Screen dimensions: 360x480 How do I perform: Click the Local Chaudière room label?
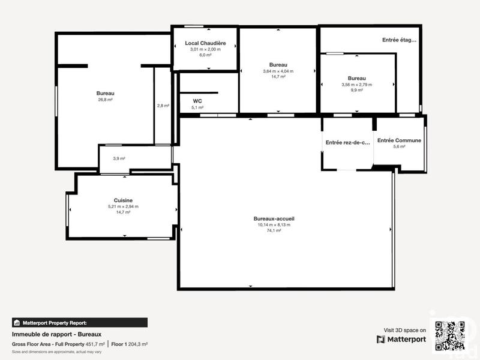(x=205, y=43)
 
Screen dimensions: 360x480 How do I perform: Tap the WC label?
(x=197, y=101)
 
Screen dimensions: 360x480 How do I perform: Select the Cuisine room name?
(x=123, y=200)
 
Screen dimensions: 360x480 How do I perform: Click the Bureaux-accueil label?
(x=274, y=218)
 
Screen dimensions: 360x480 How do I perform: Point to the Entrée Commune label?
(x=399, y=140)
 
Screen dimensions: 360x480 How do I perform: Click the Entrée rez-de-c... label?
(x=348, y=143)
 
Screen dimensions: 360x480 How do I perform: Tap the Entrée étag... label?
(x=399, y=40)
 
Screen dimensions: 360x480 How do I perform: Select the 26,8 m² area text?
(x=106, y=100)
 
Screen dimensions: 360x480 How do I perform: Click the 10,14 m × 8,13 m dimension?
(x=274, y=225)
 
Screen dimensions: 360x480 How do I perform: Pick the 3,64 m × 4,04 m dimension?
(x=278, y=71)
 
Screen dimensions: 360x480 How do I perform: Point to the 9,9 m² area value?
(x=357, y=90)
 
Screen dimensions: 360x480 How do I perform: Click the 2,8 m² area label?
(x=163, y=106)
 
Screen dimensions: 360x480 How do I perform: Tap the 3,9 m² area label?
(x=119, y=158)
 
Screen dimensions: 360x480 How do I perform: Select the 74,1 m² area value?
(x=274, y=230)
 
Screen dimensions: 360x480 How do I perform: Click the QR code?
(x=450, y=337)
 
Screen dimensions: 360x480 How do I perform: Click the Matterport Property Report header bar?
(x=79, y=322)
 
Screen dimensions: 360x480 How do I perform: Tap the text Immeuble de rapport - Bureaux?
(x=57, y=334)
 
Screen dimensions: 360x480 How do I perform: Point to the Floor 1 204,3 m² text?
(x=129, y=344)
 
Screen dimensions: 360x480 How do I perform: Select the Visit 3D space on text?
(x=405, y=330)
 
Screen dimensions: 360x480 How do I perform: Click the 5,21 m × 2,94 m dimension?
(x=123, y=206)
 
